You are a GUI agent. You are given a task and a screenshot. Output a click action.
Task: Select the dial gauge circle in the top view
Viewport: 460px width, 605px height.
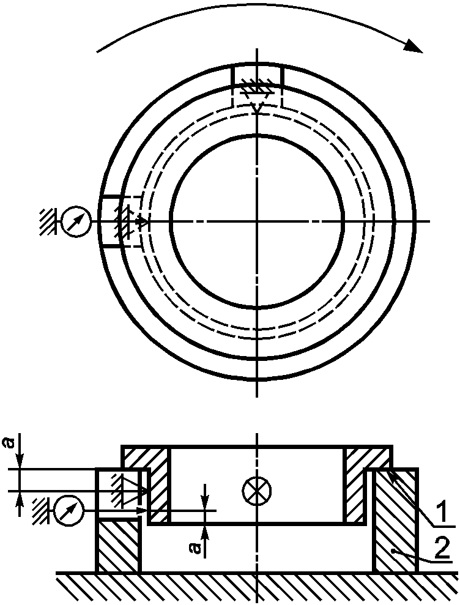[76, 221]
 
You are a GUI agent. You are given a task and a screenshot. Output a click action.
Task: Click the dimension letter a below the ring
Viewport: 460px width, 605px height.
[196, 547]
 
